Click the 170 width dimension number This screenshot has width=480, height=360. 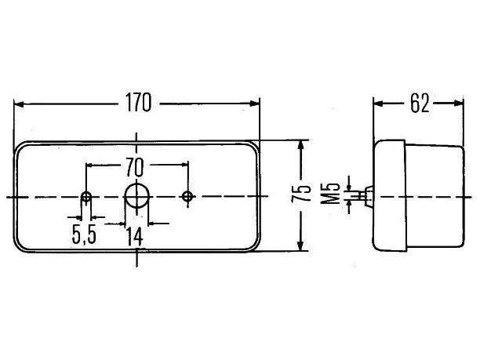tap(138, 103)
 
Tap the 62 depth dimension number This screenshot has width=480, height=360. tap(420, 104)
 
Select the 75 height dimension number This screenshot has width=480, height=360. tap(301, 194)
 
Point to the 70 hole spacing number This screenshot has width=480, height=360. tap(135, 167)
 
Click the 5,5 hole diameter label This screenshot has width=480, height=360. tap(84, 235)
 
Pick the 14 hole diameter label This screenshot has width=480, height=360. tap(134, 237)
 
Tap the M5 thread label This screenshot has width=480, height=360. tap(331, 194)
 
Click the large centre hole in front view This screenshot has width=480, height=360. tap(136, 196)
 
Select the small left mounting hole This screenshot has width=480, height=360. tap(86, 197)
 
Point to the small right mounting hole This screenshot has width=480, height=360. tap(187, 197)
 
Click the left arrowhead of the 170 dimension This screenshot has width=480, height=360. tap(19, 104)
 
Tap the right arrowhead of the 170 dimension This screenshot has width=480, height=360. tap(255, 104)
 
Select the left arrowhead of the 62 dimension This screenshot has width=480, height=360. tap(378, 104)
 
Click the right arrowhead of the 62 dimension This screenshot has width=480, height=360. tap(459, 104)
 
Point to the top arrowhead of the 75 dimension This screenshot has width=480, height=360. tap(301, 145)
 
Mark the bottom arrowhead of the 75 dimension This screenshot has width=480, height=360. tap(300, 245)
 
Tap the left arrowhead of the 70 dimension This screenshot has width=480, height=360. tap(89, 165)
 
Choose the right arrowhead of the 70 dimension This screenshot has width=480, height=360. tap(185, 165)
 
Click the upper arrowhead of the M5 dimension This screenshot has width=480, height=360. tap(349, 187)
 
